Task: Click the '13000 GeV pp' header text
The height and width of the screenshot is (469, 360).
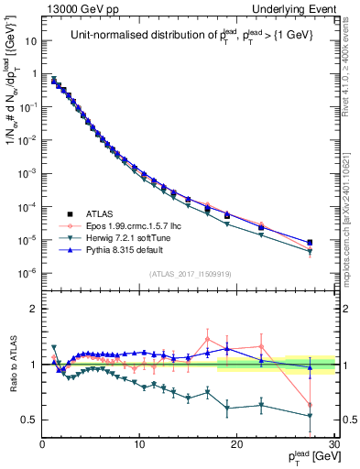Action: coord(73,7)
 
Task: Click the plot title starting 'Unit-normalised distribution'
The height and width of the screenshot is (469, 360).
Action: coord(188,36)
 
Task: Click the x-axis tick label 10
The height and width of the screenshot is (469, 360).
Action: coord(139,446)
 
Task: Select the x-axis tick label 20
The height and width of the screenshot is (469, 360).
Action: coord(236,446)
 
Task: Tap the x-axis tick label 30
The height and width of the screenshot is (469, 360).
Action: coord(333,446)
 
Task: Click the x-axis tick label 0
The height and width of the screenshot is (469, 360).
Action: coord(42,446)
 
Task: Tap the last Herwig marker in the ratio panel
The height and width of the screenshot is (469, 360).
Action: coord(310,416)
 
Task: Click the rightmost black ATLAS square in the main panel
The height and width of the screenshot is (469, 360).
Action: coord(310,243)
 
